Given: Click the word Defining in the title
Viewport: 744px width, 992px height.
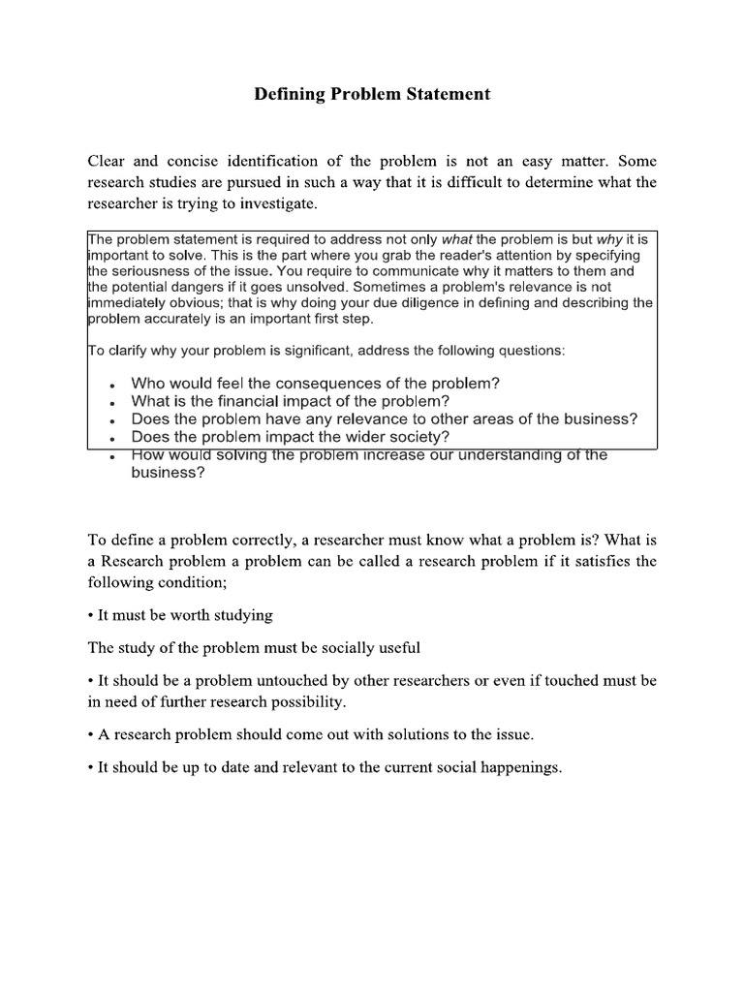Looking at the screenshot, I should coord(288,95).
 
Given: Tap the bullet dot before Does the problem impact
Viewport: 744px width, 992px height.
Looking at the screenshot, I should coord(114,440).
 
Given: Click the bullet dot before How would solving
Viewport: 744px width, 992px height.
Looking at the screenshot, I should coord(114,457).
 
